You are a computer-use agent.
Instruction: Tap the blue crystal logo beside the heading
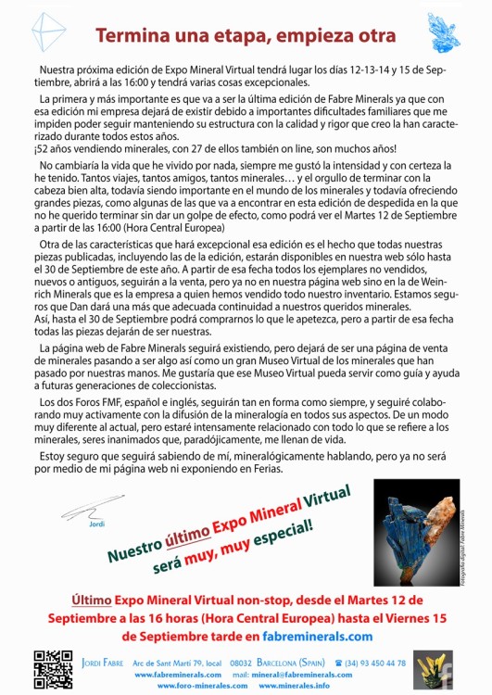444,33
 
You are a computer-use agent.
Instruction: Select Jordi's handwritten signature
86,509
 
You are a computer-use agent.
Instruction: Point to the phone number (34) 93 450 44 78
369,663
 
